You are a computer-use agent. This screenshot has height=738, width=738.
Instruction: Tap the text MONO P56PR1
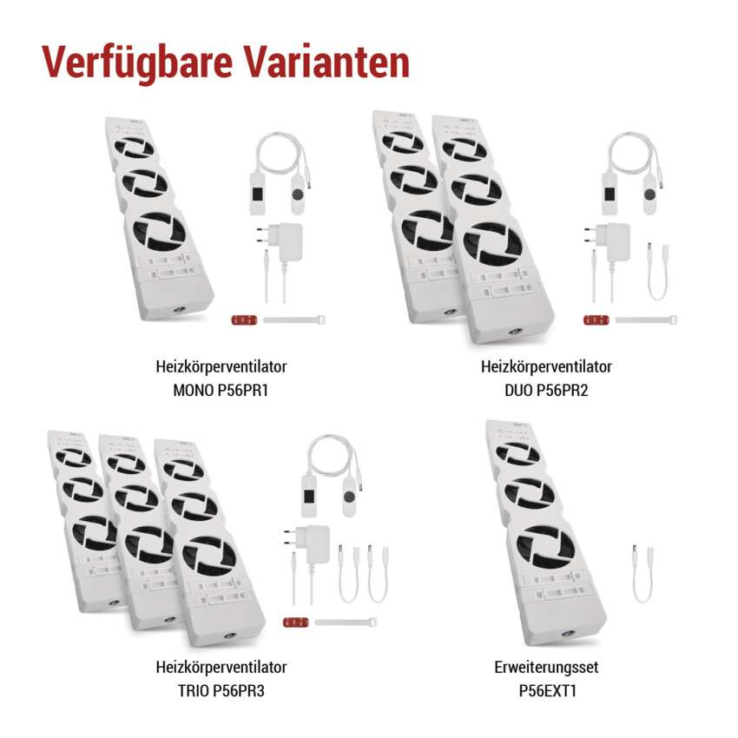point(221,390)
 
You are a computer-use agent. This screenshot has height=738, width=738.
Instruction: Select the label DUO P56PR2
point(546,390)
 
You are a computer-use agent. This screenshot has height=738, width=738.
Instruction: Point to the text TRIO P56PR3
point(221,691)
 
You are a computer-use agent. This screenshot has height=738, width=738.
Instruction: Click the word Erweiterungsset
point(545,668)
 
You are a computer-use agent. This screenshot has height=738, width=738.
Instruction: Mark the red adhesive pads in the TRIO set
point(295,623)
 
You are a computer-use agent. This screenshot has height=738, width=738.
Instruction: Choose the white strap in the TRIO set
point(345,623)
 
